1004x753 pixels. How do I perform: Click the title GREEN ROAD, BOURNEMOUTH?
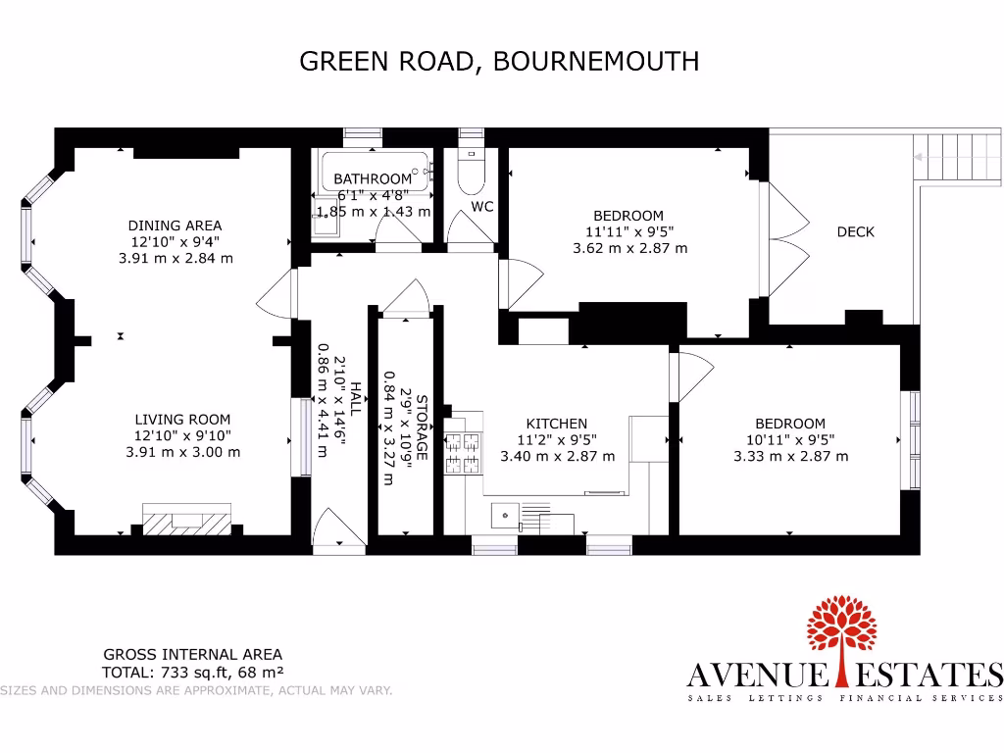(499, 62)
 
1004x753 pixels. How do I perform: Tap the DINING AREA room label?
(176, 225)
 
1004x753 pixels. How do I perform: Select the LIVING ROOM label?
(183, 419)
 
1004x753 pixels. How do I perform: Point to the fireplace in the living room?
(186, 520)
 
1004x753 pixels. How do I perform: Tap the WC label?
(481, 207)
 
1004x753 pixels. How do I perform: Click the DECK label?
(855, 232)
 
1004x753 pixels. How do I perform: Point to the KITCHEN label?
(557, 424)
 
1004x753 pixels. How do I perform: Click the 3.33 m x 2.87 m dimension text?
(790, 456)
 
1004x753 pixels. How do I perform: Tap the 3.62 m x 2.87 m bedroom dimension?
(629, 248)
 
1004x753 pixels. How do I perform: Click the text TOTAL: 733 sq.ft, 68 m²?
(193, 673)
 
